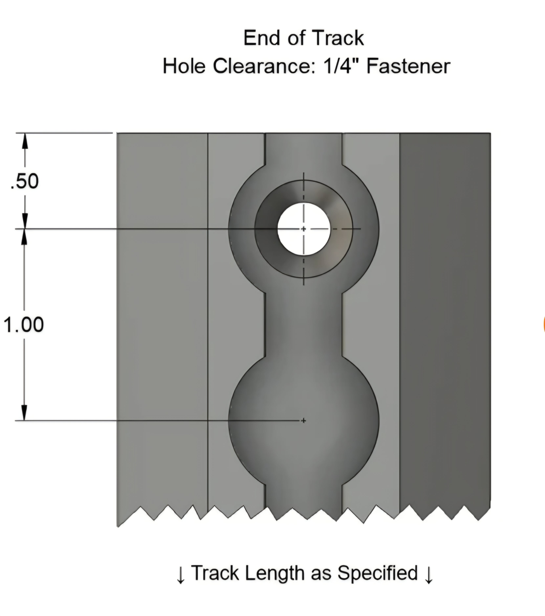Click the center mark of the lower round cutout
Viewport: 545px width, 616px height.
[303, 420]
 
